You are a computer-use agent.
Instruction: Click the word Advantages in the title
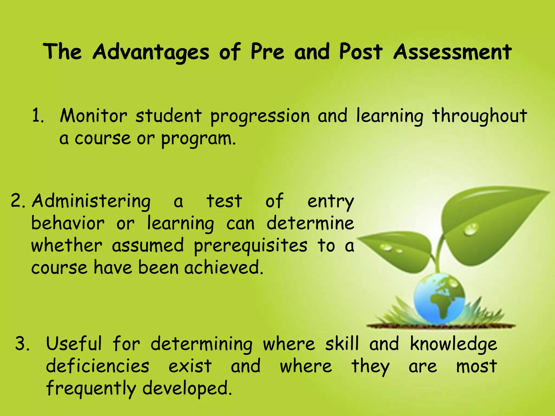(151, 52)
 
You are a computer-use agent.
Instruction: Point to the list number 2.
(18, 201)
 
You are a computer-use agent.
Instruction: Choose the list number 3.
(22, 343)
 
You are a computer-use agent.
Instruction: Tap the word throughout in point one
(479, 116)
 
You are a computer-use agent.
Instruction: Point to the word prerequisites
(250, 246)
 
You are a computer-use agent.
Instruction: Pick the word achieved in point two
(223, 268)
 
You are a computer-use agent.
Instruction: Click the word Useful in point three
(74, 343)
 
